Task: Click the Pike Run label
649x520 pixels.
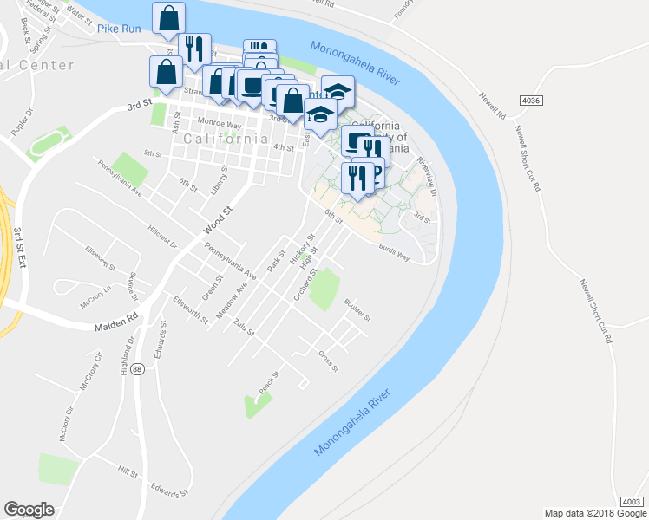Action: (x=119, y=29)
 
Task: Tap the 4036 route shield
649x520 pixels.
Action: (x=531, y=101)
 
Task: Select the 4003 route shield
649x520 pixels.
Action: (x=632, y=502)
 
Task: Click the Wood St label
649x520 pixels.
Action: (x=220, y=219)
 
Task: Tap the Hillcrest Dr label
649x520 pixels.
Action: (x=162, y=239)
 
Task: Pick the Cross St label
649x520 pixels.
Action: (x=327, y=357)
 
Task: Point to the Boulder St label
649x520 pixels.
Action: (x=357, y=309)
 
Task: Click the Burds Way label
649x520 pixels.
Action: (x=394, y=248)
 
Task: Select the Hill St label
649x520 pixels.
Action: (x=128, y=472)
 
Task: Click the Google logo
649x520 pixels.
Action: (x=29, y=510)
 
